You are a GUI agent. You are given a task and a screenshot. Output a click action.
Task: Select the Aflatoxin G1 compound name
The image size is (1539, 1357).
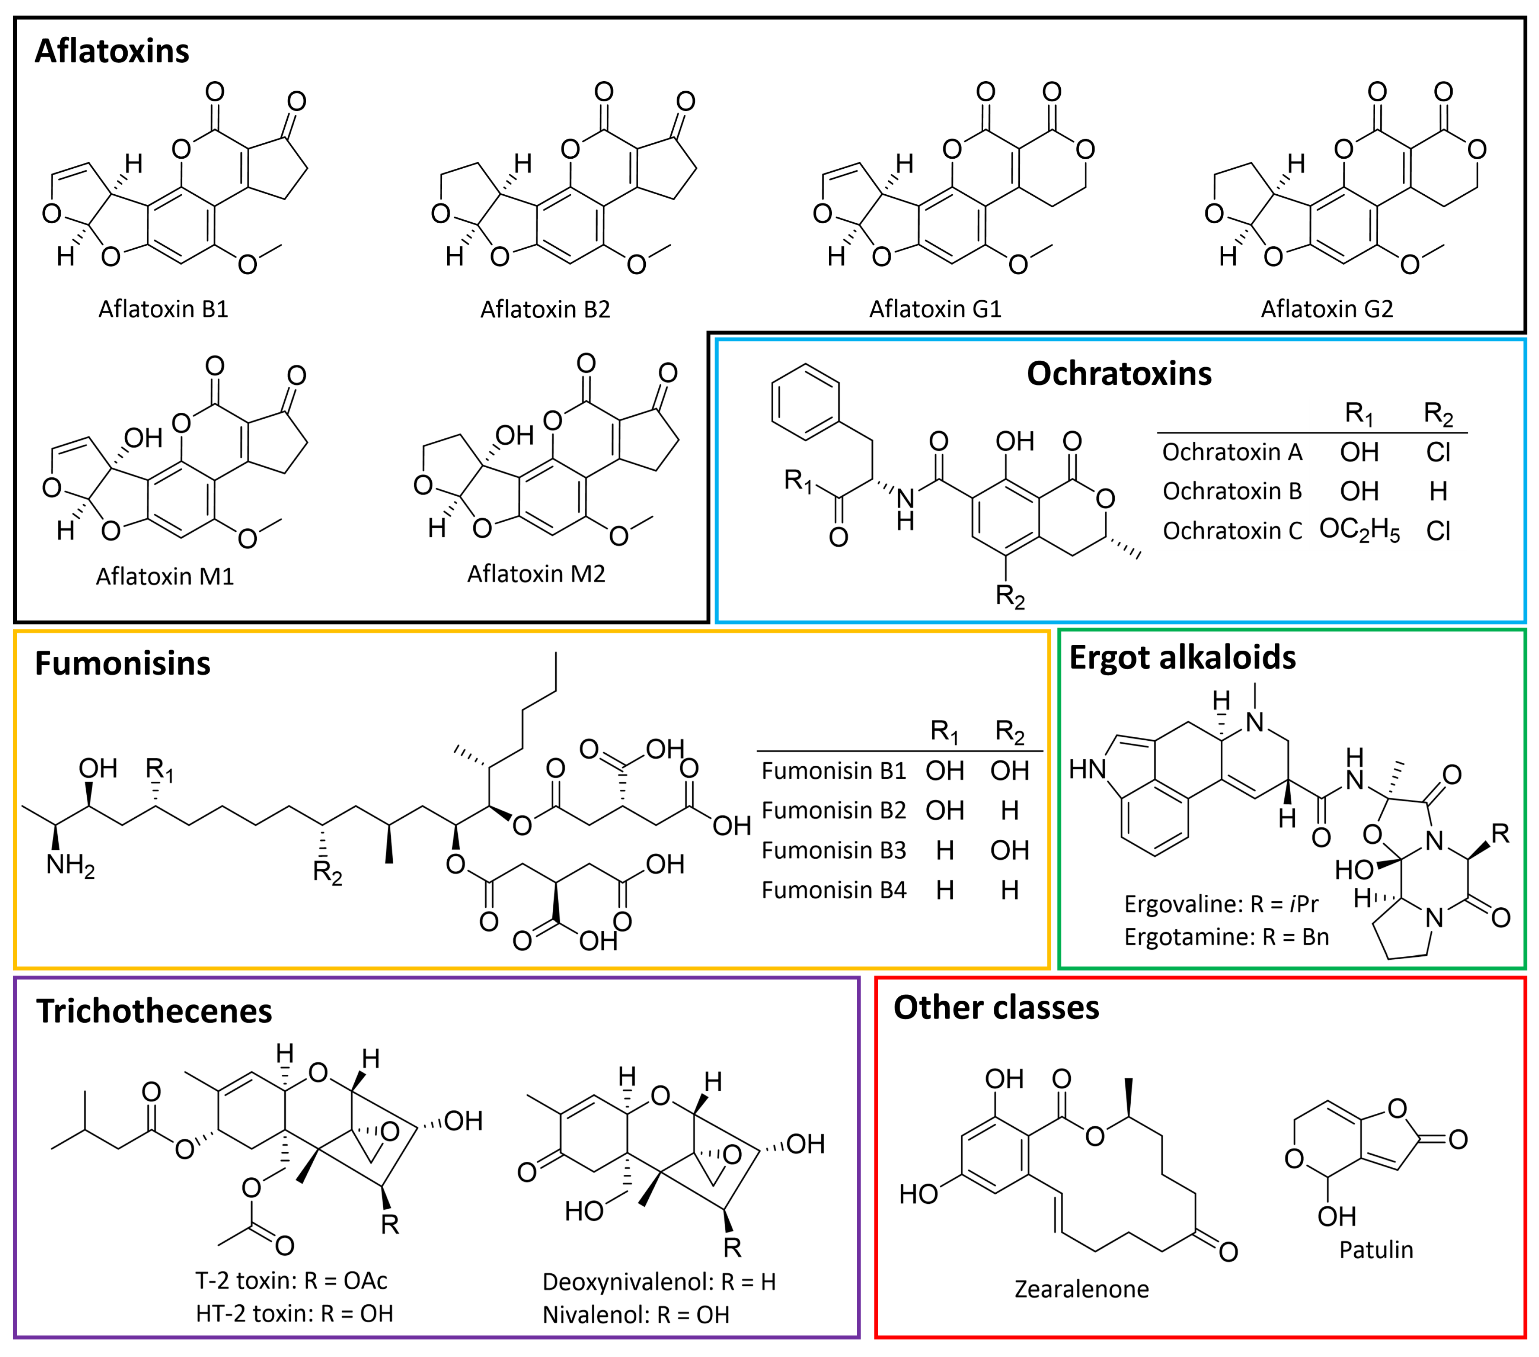point(935,309)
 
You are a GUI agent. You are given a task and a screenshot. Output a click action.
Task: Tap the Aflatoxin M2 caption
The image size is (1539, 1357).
point(536,574)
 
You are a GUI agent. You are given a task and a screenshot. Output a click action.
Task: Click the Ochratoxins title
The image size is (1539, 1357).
point(1119,373)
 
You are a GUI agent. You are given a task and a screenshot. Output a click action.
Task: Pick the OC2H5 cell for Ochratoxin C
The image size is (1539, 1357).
point(1359,530)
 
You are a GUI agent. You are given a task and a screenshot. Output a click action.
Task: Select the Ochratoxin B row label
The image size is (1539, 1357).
point(1232,492)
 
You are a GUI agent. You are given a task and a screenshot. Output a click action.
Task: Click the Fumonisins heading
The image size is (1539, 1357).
point(123,664)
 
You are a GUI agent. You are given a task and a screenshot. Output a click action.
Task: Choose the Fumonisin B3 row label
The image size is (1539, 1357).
point(833,850)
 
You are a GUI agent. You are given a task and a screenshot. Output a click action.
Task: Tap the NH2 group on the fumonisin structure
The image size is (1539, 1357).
point(70,865)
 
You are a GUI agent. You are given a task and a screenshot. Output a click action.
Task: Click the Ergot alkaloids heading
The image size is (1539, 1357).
point(1182,658)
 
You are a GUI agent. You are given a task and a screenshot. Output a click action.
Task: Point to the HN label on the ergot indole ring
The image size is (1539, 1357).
point(1087,769)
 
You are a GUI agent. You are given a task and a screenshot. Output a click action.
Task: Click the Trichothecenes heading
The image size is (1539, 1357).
point(155,1012)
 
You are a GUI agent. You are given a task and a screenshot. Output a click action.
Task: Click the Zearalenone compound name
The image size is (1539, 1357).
point(1081,1289)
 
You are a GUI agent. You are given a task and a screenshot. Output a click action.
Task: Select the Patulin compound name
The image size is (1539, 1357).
point(1376,1250)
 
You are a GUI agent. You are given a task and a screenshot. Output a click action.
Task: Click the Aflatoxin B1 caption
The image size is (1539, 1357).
point(163,309)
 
